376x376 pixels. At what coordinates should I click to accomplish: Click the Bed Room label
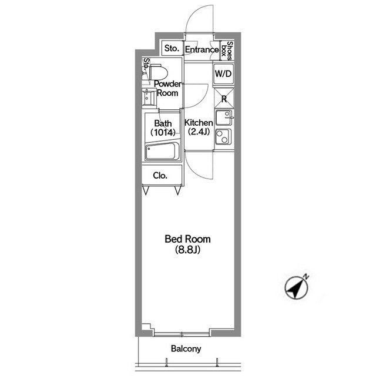coord(187,239)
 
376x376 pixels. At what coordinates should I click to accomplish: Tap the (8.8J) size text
coord(187,250)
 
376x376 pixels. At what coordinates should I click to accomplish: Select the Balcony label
coord(186,348)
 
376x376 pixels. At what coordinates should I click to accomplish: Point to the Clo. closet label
coord(160,176)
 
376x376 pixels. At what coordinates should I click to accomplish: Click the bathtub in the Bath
coord(162,151)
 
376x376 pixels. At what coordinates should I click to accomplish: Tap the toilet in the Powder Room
coord(158,72)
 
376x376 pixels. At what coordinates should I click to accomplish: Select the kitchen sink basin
coord(224,117)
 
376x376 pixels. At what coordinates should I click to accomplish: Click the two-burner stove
coord(223,137)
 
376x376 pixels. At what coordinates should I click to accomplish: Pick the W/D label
coord(223,73)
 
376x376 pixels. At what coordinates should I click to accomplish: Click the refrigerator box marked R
coord(224,98)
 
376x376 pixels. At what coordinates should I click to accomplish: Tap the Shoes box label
coord(227,51)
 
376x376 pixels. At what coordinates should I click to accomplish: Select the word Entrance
coord(202,49)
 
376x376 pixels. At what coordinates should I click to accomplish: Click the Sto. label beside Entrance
coord(172,48)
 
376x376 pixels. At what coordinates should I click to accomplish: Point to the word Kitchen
coord(199,123)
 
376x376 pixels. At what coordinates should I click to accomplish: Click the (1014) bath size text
coord(163,132)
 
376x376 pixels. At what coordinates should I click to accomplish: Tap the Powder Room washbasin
coord(149,97)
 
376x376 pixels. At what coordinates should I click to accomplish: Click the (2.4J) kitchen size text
coord(199,132)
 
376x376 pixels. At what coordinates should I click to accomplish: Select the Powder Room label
coord(167,88)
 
